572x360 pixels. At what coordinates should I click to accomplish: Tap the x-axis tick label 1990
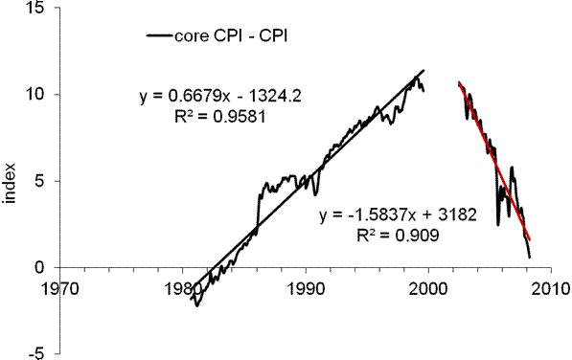[307, 286]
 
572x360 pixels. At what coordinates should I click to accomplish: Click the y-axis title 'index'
[12, 185]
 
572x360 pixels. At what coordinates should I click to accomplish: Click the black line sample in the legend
[157, 36]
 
